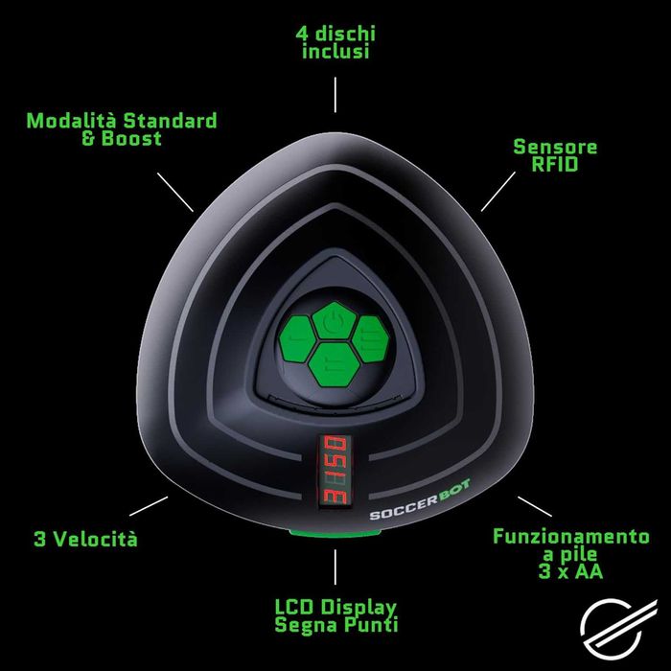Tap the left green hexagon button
(298, 339)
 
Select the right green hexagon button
(371, 339)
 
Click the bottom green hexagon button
(335, 364)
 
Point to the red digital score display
(335, 470)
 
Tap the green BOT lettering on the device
(455, 491)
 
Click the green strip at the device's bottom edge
(335, 533)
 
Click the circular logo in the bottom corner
(616, 629)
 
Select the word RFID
(555, 164)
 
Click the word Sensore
(555, 147)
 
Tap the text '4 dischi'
(335, 34)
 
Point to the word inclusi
(335, 52)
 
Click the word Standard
(170, 121)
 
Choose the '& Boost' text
(122, 138)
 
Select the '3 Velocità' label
(85, 539)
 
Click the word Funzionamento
(571, 537)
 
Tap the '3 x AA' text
(570, 571)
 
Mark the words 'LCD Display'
(335, 607)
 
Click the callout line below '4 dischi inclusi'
(335, 95)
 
